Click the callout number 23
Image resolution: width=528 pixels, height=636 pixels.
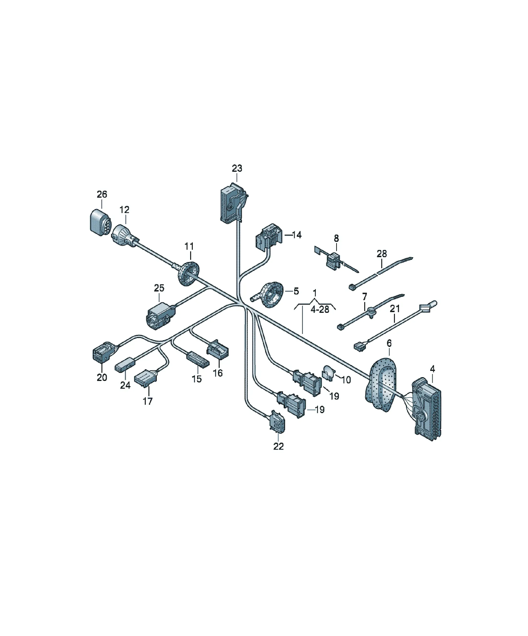(x=237, y=168)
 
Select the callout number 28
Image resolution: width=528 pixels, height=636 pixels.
(x=382, y=254)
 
